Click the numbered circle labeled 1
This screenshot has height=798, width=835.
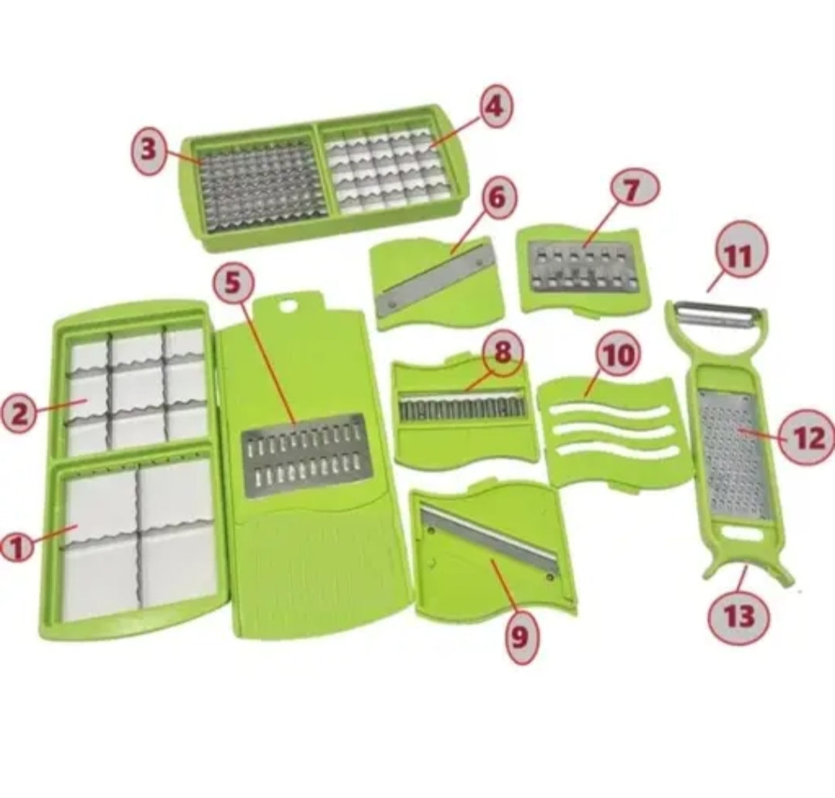pyautogui.click(x=16, y=547)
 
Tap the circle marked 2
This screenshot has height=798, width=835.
pyautogui.click(x=19, y=414)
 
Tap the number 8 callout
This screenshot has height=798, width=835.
pyautogui.click(x=503, y=353)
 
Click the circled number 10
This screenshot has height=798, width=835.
pyautogui.click(x=620, y=356)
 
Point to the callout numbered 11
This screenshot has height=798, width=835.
pyautogui.click(x=738, y=257)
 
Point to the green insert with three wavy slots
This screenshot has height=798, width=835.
pyautogui.click(x=612, y=431)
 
